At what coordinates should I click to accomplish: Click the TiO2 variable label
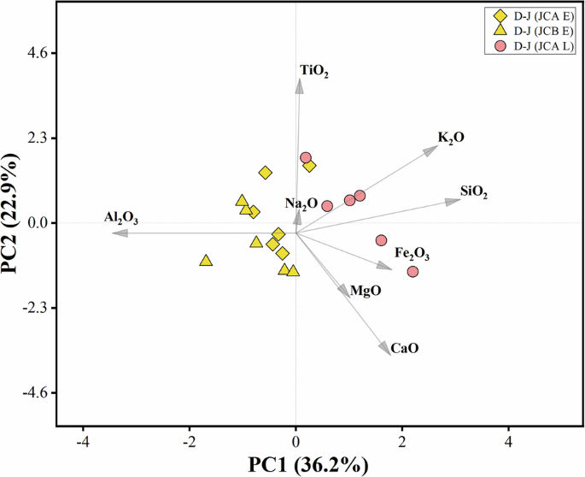pos(313,72)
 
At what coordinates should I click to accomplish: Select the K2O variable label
pos(451,138)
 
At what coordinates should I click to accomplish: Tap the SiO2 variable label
pos(474,193)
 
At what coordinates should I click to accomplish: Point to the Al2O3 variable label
pos(121,218)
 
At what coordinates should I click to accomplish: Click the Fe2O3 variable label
pos(412,255)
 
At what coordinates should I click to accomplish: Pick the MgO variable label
pos(366,291)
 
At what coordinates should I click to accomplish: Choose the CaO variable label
pos(405,349)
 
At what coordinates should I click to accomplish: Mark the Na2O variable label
pos(301,203)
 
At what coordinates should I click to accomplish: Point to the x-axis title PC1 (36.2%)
pos(308,464)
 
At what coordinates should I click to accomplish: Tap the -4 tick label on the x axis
pos(83,442)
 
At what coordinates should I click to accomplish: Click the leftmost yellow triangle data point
pos(206,260)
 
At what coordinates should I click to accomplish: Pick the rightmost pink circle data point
pos(412,271)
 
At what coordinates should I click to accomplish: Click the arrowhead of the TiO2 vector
pos(299,82)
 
